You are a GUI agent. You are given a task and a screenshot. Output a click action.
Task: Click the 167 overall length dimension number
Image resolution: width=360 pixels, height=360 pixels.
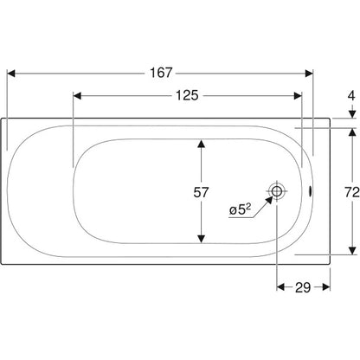pos(161,73)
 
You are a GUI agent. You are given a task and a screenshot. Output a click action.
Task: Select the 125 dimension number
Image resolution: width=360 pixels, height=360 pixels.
pos(187,95)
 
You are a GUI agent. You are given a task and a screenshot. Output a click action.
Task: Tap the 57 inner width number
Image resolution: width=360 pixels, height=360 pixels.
pos(201,192)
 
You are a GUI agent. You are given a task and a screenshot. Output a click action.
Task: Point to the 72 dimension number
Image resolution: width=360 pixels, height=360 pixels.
pos(352,192)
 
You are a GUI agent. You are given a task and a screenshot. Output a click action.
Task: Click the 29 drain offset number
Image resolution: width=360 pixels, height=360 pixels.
pos(303,287)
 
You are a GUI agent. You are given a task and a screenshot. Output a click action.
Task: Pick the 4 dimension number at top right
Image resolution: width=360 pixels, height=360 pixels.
pos(351,95)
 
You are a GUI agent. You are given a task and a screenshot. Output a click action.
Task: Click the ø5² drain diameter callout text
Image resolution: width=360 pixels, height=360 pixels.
pos(240,209)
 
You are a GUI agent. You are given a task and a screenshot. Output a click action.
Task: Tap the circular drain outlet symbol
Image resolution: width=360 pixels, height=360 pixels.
pos(277,190)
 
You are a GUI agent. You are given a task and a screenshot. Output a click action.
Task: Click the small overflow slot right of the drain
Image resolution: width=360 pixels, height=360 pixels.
pos(310,191)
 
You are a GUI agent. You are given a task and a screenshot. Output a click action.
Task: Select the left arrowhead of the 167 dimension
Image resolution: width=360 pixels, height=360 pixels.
pos(10,74)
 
